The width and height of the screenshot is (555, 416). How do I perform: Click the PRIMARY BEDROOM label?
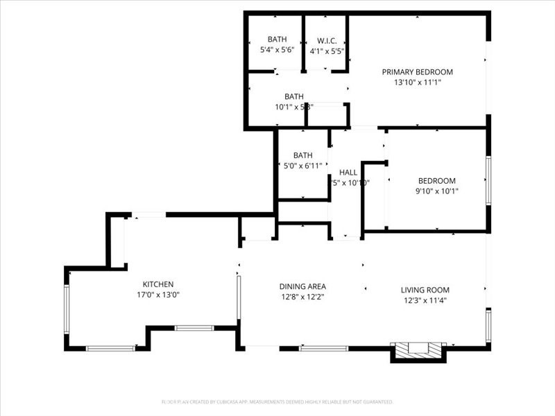[417, 72]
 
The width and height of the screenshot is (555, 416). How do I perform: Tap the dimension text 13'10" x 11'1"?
[417, 82]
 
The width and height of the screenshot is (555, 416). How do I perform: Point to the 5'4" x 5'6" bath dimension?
[277, 50]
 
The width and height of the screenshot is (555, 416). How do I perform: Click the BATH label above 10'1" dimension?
[293, 96]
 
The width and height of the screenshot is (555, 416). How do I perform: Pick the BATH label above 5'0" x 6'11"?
[302, 155]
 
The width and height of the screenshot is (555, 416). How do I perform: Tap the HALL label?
[348, 173]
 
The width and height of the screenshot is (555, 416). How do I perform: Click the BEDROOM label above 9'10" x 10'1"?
[436, 181]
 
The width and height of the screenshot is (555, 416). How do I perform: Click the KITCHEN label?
[158, 284]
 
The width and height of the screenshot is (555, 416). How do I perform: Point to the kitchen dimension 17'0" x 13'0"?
[158, 294]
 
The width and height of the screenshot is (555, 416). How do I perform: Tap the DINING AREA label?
[302, 286]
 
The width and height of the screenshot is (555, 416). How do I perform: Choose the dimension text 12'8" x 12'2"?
[302, 296]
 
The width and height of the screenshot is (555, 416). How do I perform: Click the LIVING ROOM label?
[425, 290]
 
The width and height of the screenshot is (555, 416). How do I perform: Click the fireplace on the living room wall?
[418, 349]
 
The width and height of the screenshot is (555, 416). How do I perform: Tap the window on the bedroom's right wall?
[488, 180]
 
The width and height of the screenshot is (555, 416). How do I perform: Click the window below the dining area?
[323, 348]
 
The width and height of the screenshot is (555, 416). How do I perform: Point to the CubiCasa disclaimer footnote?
[277, 401]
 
